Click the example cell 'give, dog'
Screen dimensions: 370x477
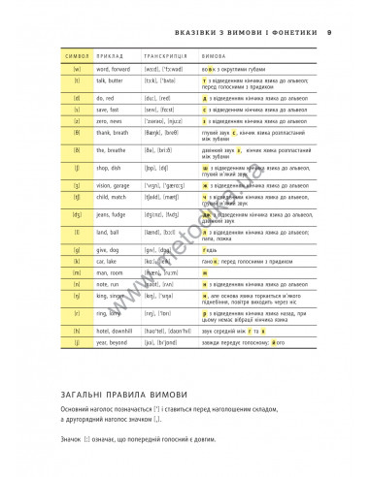109,276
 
